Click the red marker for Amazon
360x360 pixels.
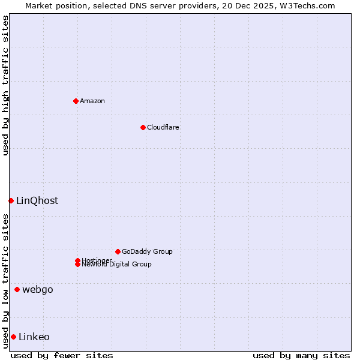pos(76,101)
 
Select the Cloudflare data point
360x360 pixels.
pos(143,127)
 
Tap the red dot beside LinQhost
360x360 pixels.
pos(11,200)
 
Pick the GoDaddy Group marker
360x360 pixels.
pos(118,251)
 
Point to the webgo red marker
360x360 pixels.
pos(17,290)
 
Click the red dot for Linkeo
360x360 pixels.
pos(13,337)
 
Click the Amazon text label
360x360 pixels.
pos(92,101)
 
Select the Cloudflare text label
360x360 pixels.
pos(163,127)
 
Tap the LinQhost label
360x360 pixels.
pos(37,200)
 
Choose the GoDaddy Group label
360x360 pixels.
pos(147,251)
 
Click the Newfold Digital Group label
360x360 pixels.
pos(117,265)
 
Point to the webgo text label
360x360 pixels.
pos(38,290)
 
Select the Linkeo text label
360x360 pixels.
pos(34,337)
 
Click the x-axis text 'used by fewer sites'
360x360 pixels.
pos(62,355)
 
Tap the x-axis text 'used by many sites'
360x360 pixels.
pos(301,355)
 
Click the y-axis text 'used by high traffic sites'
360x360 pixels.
pos(5,85)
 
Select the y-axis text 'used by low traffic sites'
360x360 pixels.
pos(5,281)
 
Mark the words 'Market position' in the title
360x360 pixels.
pos(56,5)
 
